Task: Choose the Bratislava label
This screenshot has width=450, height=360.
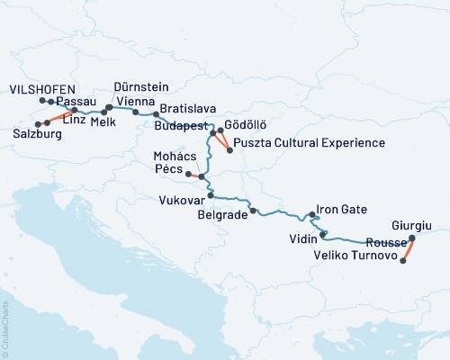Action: point(186,110)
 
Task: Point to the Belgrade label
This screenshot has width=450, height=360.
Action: point(221,216)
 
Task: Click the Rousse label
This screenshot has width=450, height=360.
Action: point(383,243)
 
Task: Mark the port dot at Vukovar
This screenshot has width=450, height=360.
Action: point(211,195)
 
